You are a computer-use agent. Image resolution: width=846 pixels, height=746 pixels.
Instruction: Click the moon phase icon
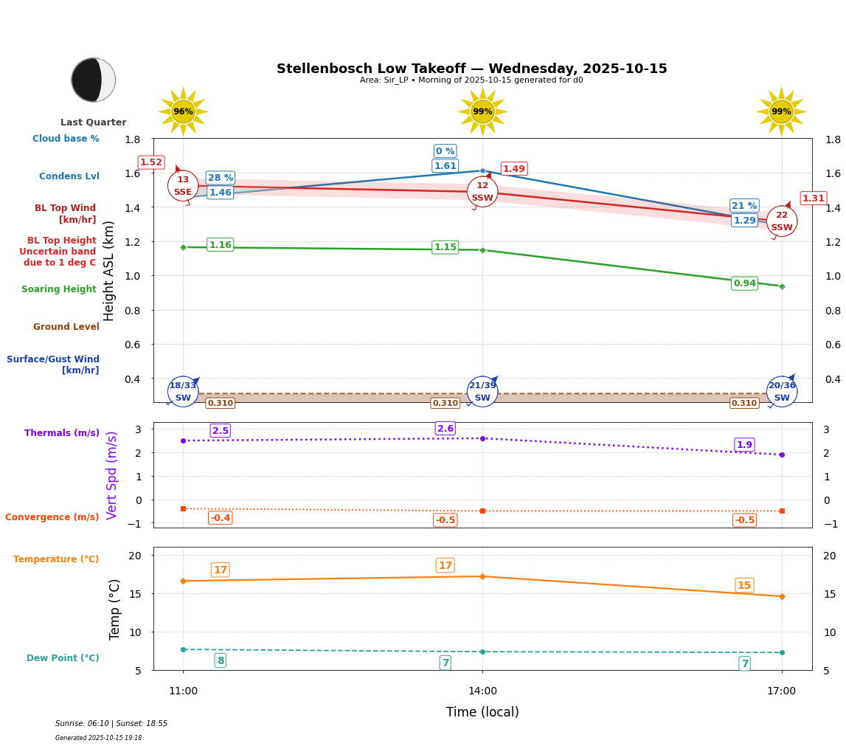tap(94, 80)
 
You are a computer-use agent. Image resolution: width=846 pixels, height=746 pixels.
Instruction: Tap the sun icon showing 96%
tap(183, 111)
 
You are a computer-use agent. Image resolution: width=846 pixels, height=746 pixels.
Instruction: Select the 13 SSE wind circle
tap(183, 186)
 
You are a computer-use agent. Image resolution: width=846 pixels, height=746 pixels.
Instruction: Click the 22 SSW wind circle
tap(782, 221)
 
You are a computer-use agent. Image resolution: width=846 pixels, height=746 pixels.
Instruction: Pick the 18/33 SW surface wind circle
tap(183, 392)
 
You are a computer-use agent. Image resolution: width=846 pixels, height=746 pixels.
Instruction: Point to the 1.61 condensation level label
tap(445, 166)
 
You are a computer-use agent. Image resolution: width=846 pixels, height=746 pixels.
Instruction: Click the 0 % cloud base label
tap(445, 151)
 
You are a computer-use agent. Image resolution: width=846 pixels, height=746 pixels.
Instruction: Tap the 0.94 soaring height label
tap(744, 283)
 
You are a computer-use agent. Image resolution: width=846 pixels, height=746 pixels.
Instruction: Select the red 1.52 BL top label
tap(151, 162)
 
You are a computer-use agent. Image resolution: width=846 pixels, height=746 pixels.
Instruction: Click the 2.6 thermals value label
tap(445, 429)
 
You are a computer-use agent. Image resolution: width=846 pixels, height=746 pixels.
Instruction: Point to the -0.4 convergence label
tap(220, 518)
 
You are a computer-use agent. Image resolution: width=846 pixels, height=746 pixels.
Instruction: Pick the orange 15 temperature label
tap(744, 585)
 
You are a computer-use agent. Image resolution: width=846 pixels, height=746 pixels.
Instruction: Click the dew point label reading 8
tap(221, 660)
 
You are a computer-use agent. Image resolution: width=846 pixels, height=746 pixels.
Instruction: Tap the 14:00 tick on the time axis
tap(482, 691)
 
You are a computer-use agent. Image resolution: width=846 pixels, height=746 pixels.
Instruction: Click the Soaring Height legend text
tap(59, 289)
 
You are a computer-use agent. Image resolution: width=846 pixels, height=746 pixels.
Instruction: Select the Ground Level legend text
tap(66, 327)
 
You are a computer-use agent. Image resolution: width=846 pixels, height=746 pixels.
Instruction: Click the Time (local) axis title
tap(482, 712)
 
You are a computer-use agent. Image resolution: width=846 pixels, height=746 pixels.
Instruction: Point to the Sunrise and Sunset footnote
tap(111, 724)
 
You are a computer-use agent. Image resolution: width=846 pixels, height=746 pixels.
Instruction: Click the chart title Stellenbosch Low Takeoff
tap(471, 69)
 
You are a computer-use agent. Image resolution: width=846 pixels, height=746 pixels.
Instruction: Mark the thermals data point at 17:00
tap(782, 455)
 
